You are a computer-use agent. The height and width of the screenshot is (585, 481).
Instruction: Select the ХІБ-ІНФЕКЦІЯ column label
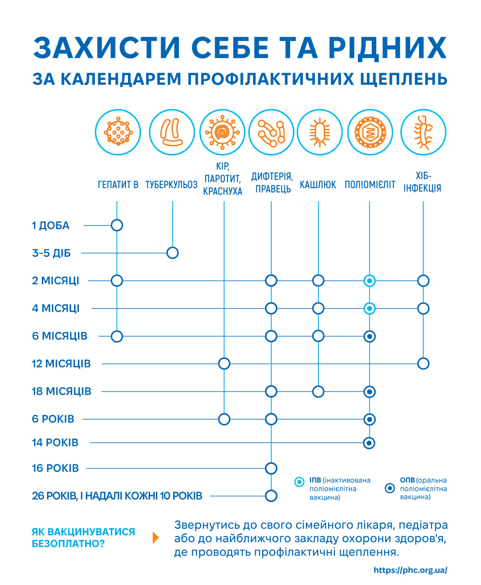click(x=422, y=182)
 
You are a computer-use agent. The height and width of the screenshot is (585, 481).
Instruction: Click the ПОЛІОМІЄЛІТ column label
click(x=370, y=185)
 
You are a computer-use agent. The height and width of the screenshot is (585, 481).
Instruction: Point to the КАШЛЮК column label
click(x=318, y=185)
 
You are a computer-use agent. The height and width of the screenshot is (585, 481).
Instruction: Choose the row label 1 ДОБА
click(x=51, y=225)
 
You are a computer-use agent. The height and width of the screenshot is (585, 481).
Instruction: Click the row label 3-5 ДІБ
click(x=51, y=253)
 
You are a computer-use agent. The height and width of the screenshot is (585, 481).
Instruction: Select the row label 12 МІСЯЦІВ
click(x=61, y=364)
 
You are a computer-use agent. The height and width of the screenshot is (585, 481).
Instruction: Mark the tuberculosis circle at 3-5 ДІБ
click(x=172, y=253)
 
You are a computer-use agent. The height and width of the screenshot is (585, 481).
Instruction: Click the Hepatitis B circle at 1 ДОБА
click(x=117, y=225)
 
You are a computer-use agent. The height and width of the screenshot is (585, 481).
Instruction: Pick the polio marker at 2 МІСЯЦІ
click(x=369, y=280)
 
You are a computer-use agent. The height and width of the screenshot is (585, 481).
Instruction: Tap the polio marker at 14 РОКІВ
click(x=369, y=443)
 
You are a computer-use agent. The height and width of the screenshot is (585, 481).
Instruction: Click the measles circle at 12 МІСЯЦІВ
click(x=224, y=364)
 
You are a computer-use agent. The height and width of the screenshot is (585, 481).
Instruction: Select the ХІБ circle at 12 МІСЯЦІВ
click(x=423, y=364)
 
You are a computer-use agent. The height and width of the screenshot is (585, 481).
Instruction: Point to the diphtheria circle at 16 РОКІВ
click(x=271, y=468)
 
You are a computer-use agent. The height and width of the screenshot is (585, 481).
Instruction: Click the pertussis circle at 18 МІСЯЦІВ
click(x=318, y=392)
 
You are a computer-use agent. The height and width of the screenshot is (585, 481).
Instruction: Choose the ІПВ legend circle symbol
click(x=300, y=481)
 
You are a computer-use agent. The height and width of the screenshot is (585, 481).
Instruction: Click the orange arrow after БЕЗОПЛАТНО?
click(x=155, y=537)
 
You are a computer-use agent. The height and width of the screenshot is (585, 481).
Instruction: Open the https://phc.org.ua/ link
click(x=410, y=570)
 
